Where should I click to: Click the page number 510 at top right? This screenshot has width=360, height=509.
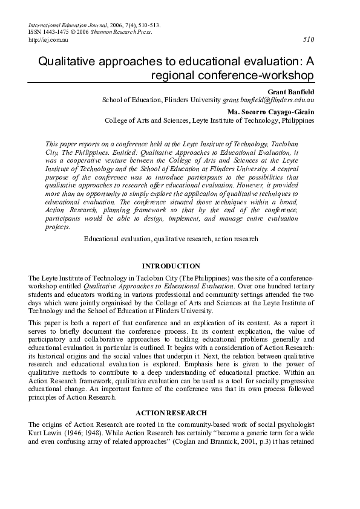click(x=308, y=39)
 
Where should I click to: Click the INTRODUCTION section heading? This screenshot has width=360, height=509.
click(x=171, y=265)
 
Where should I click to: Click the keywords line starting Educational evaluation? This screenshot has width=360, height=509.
click(x=171, y=239)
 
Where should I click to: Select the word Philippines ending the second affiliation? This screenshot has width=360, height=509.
click(x=298, y=120)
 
